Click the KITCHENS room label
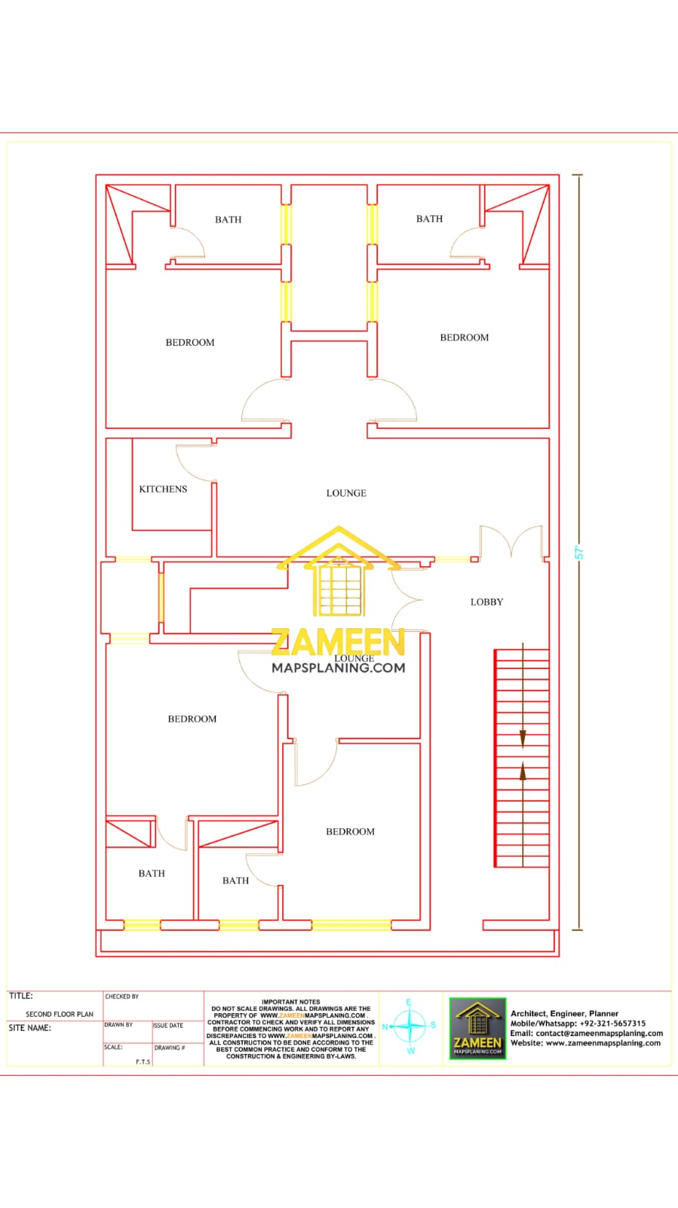click(x=163, y=489)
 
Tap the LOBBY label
click(x=486, y=602)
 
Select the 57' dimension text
click(x=580, y=552)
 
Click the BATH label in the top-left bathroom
click(x=228, y=220)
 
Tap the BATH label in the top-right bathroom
click(x=429, y=219)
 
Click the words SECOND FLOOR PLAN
click(x=60, y=1014)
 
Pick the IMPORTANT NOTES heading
click(x=290, y=1002)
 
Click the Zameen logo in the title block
click(x=477, y=1028)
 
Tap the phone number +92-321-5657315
click(x=612, y=1023)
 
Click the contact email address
click(x=599, y=1033)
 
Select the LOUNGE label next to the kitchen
click(x=346, y=493)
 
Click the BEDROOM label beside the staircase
click(x=350, y=831)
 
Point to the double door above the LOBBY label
click(x=511, y=541)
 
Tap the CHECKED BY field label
click(x=121, y=997)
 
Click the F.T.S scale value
click(x=143, y=1062)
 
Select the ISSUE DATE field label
click(x=168, y=1025)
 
